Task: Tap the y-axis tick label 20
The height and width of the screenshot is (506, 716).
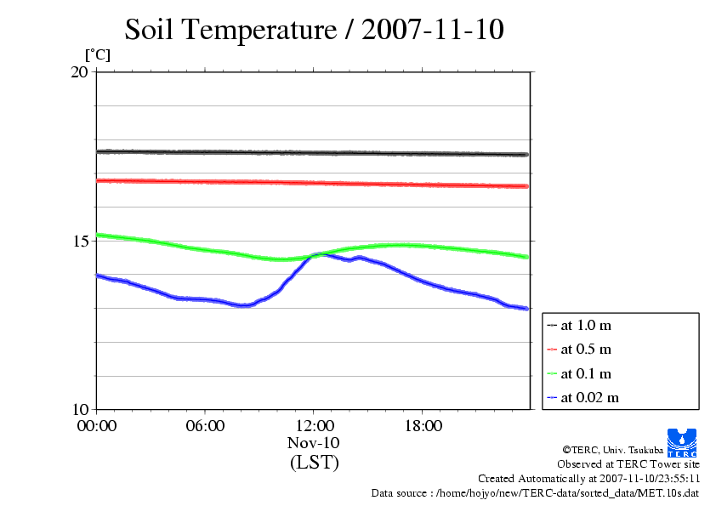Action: [x=79, y=72]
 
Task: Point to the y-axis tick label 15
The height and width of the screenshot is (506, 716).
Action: [x=79, y=241]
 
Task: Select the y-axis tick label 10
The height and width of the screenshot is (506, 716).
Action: [x=79, y=409]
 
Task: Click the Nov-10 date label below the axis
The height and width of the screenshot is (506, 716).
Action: [x=314, y=444]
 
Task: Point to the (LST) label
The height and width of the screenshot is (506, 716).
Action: [x=314, y=463]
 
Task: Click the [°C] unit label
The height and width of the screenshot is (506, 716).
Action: [x=96, y=55]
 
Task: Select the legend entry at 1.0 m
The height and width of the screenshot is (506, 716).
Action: [x=586, y=325]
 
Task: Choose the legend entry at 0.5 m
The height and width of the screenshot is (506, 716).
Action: [x=586, y=349]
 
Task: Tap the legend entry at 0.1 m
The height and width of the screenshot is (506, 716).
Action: [x=586, y=373]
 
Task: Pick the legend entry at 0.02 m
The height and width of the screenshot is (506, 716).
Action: [x=589, y=397]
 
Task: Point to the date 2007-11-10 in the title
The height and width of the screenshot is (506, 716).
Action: [x=433, y=31]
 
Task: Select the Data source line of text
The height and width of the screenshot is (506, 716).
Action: [x=535, y=492]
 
